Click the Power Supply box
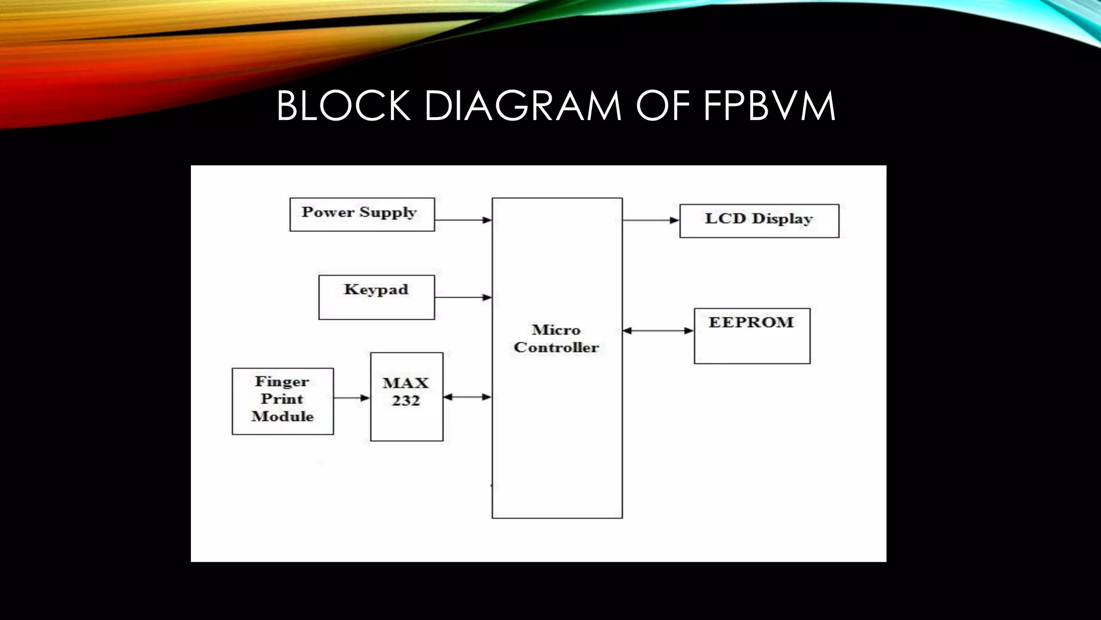(x=362, y=215)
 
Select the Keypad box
(x=376, y=297)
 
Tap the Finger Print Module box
(x=283, y=401)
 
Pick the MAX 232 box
(x=406, y=397)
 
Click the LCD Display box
(x=759, y=221)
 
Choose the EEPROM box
(x=752, y=336)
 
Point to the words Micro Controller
(x=556, y=339)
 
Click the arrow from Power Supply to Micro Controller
(x=463, y=220)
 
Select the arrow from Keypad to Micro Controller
(x=463, y=297)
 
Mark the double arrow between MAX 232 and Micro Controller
(x=467, y=397)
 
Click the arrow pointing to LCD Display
(x=650, y=220)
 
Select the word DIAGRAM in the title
(x=523, y=106)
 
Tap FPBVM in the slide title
(x=769, y=106)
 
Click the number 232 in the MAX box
(x=406, y=401)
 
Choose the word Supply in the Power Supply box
(x=388, y=213)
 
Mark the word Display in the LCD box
(x=782, y=219)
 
